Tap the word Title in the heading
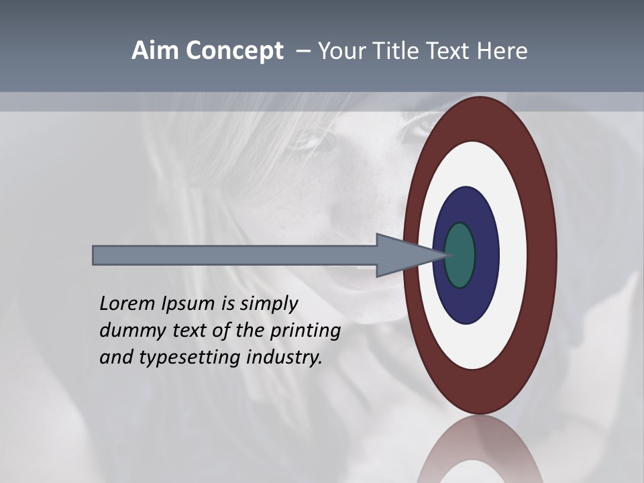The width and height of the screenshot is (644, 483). (402, 51)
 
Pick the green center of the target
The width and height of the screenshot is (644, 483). (460, 255)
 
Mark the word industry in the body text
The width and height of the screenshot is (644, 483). (284, 358)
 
